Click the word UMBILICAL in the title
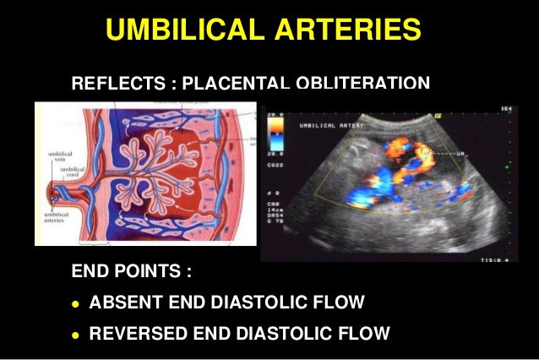pyautogui.click(x=181, y=30)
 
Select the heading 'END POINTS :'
pyautogui.click(x=132, y=274)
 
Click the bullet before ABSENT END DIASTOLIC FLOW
pyautogui.click(x=76, y=303)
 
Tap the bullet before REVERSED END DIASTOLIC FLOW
pyautogui.click(x=76, y=332)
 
